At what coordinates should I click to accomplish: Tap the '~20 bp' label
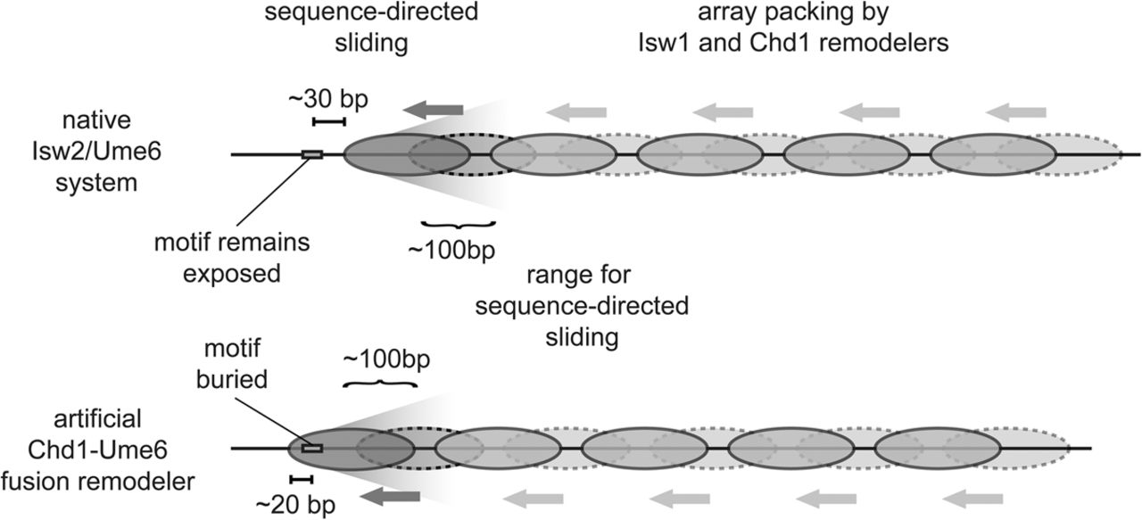click(x=294, y=504)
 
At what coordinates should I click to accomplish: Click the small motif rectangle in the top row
click(x=312, y=154)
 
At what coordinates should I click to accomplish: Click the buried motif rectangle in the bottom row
click(x=311, y=448)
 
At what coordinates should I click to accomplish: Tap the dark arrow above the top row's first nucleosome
click(x=433, y=111)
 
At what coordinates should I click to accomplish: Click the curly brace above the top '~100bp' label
click(x=458, y=223)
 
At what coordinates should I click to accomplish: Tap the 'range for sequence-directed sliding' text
click(x=581, y=307)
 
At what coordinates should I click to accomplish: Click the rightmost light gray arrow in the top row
click(x=1017, y=111)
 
